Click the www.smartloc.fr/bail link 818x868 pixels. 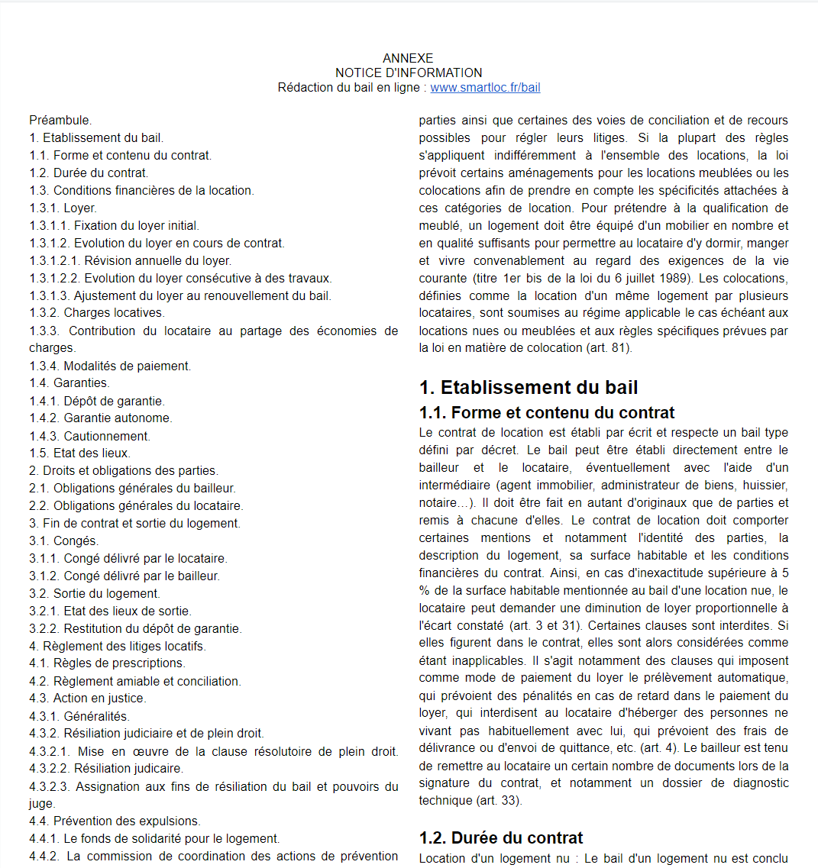(485, 88)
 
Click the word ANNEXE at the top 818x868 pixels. (408, 59)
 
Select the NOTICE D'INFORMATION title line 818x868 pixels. (409, 73)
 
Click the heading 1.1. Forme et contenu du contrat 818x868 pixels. (547, 413)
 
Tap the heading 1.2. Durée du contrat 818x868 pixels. (501, 837)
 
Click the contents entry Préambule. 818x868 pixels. (60, 121)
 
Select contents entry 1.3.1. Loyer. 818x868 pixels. (63, 208)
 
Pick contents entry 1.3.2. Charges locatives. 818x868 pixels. (97, 312)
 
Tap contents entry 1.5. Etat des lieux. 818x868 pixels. (79, 453)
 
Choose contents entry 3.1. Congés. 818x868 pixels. (64, 540)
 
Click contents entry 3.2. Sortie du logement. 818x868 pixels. (95, 593)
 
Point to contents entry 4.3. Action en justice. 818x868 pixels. (87, 698)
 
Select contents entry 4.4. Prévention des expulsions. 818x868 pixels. (115, 821)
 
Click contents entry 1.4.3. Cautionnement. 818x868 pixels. (90, 436)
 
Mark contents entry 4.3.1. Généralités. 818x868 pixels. (79, 716)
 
